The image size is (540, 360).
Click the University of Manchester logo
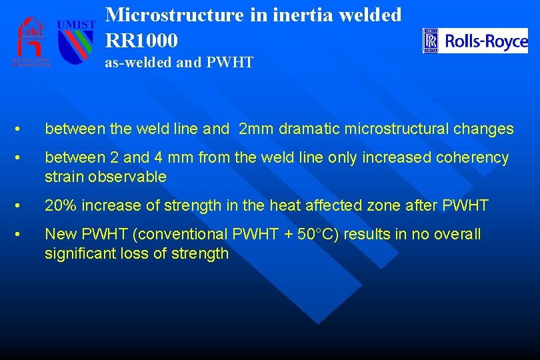(31, 41)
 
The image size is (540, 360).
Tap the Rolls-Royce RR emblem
(431, 41)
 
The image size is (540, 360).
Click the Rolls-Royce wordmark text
(486, 41)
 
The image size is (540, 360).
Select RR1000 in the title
(141, 41)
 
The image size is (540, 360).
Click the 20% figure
(58, 206)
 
